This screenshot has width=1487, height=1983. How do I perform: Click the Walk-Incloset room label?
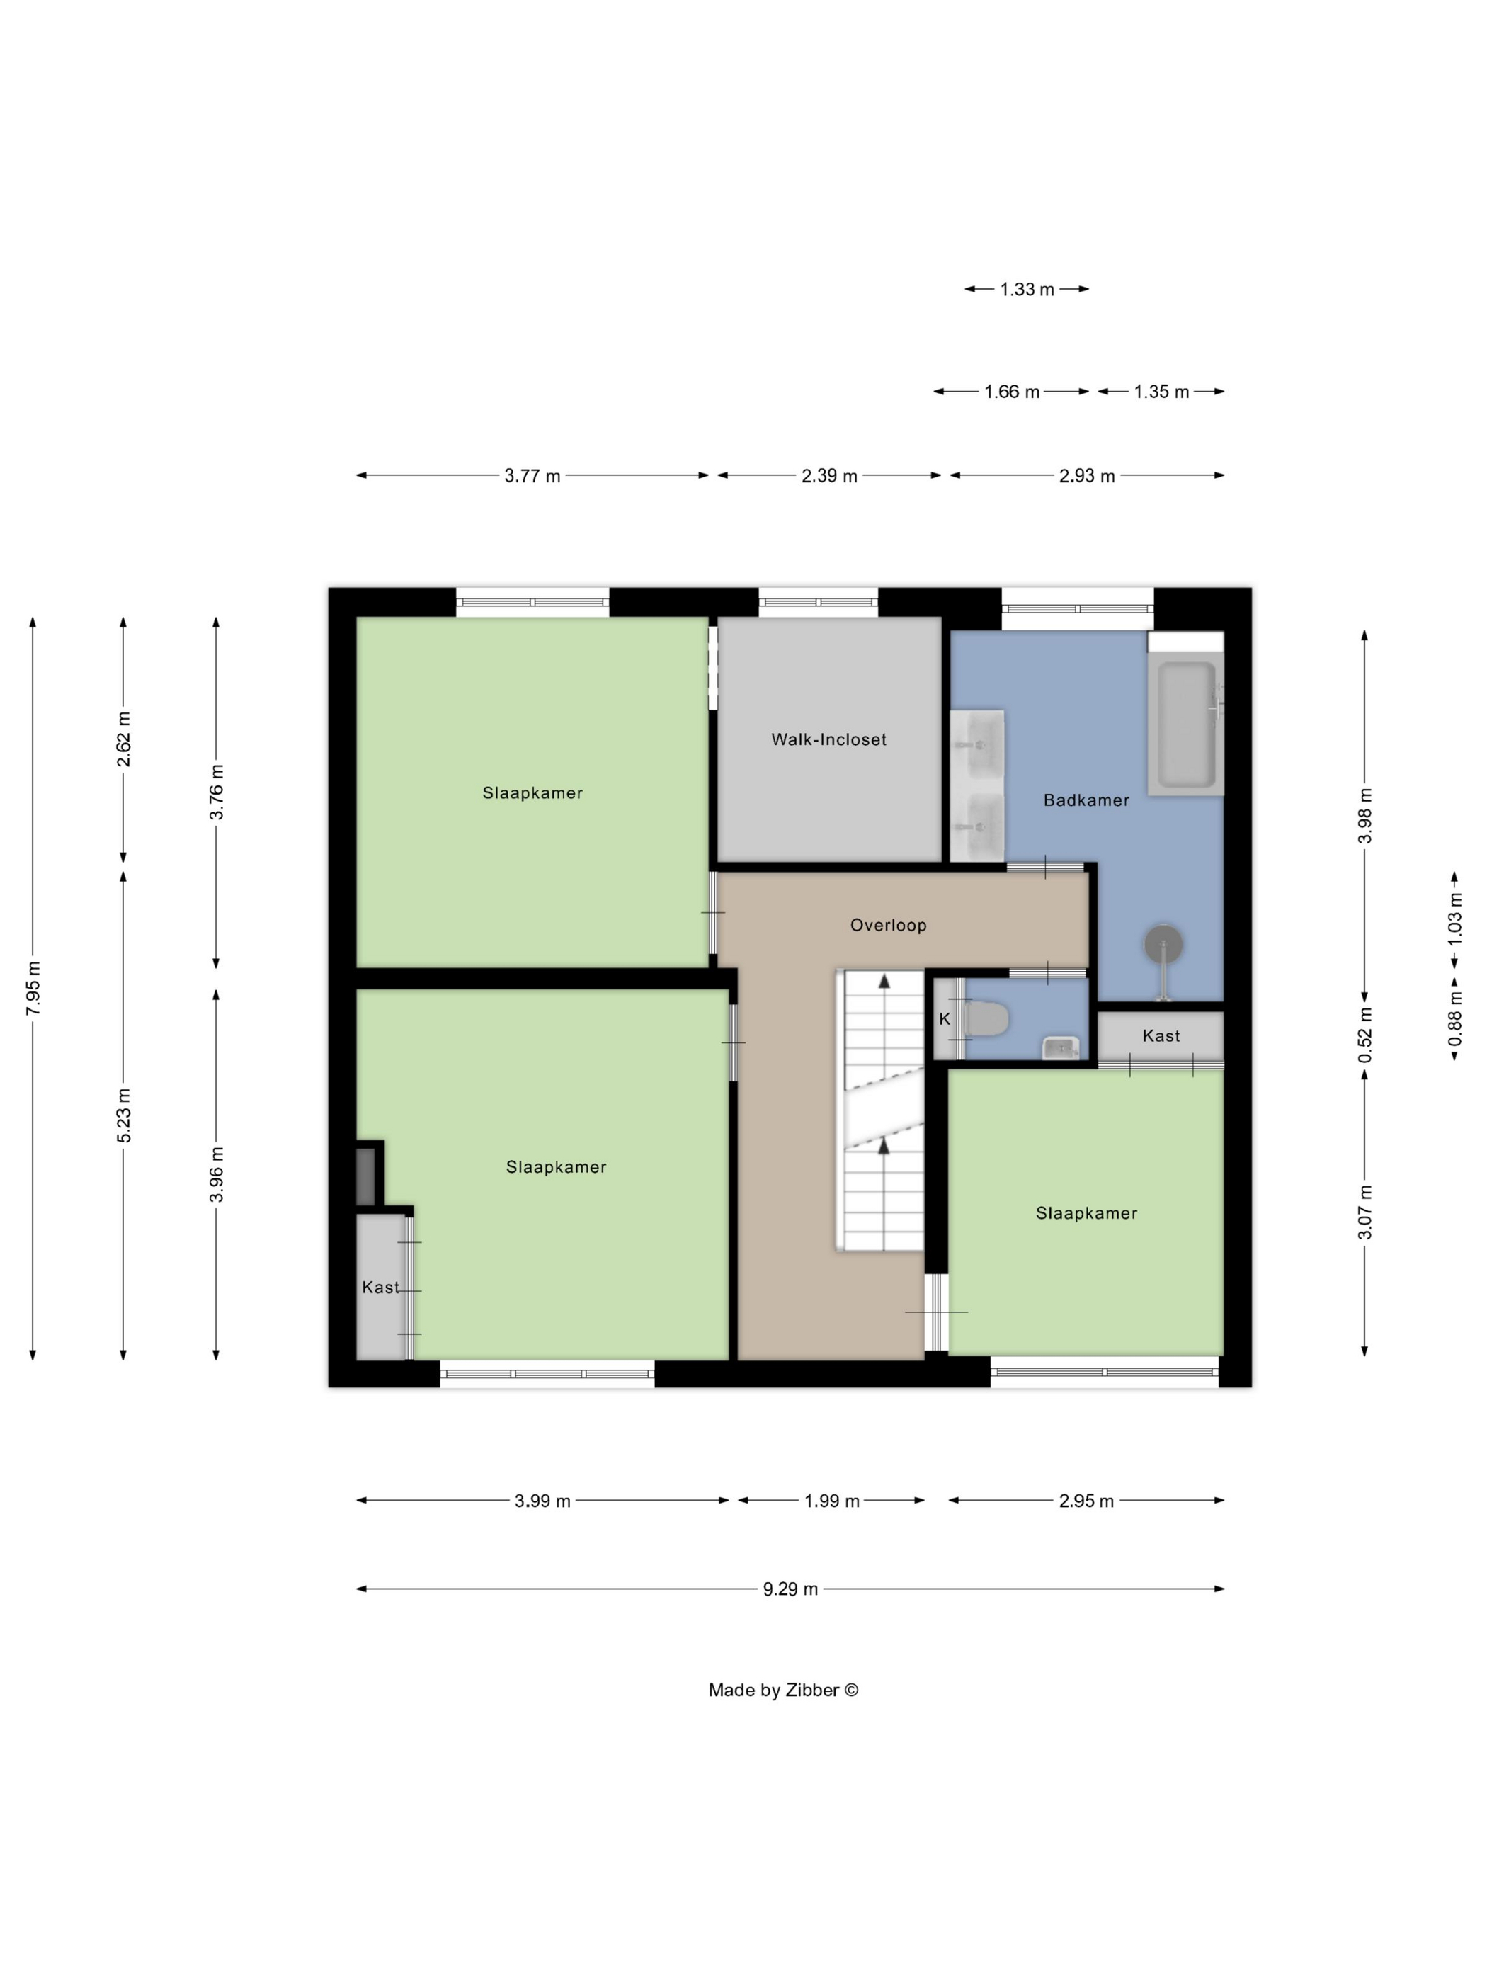[x=828, y=739]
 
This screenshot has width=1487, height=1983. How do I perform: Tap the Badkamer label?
[x=1086, y=800]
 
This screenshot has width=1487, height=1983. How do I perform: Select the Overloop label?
[x=887, y=924]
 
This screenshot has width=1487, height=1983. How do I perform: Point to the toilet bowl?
[x=987, y=1018]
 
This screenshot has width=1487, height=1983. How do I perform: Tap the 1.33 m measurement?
[x=1027, y=290]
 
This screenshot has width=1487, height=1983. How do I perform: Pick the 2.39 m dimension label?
[x=829, y=476]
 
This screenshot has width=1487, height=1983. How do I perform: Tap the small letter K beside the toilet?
[x=944, y=1019]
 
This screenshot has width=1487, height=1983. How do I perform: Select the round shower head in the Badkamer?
[x=1163, y=943]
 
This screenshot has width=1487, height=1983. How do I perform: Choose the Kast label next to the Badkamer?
[x=1161, y=1035]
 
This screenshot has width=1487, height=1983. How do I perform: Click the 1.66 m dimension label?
[x=1012, y=392]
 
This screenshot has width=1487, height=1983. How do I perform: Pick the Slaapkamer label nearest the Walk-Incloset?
[x=532, y=792]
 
